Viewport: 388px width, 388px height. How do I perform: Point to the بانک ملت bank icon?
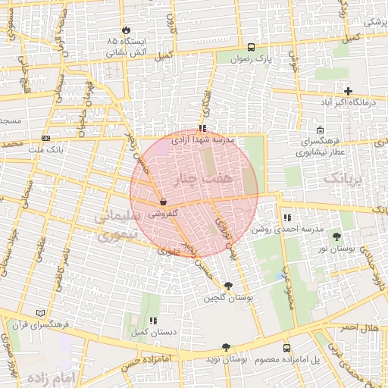pyautogui.click(x=46, y=138)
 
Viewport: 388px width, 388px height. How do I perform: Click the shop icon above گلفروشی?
pyautogui.click(x=163, y=202)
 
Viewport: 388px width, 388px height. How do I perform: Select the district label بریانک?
pyautogui.click(x=345, y=180)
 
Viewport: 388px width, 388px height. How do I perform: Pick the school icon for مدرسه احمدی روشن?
pyautogui.click(x=287, y=217)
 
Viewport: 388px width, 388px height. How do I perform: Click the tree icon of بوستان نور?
pyautogui.click(x=336, y=237)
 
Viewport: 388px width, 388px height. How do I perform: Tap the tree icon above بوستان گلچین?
pyautogui.click(x=229, y=286)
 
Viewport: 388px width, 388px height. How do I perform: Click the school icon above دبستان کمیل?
pyautogui.click(x=155, y=321)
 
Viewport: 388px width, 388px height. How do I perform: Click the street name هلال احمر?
pyautogui.click(x=358, y=327)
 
